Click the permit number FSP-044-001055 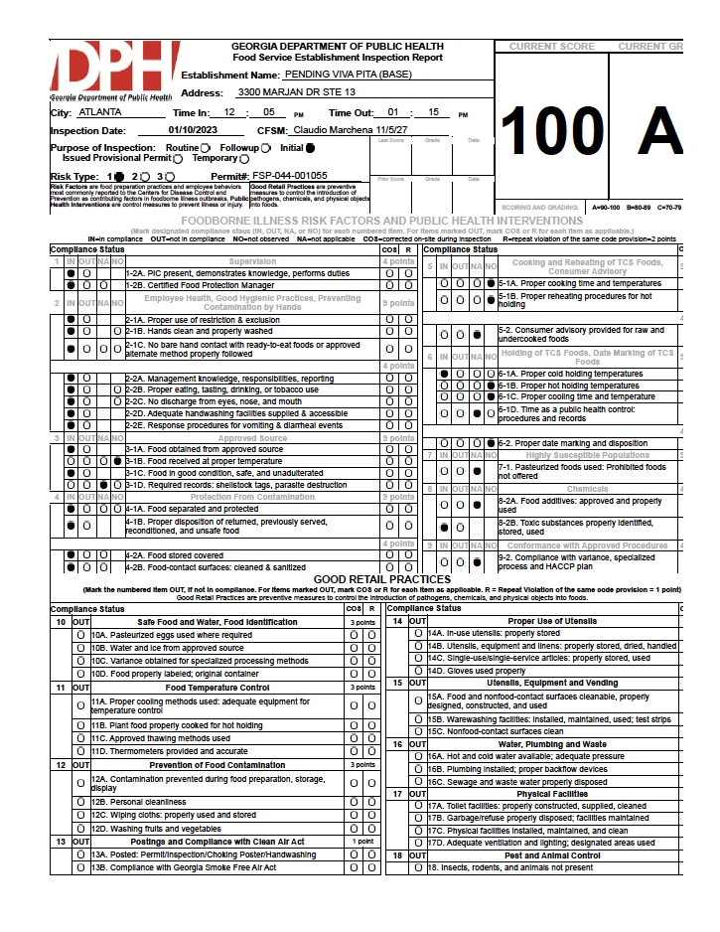[289, 175]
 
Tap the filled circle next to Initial [311, 148]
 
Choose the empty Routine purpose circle [206, 148]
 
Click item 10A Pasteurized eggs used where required [171, 635]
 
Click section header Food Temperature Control [217, 687]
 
